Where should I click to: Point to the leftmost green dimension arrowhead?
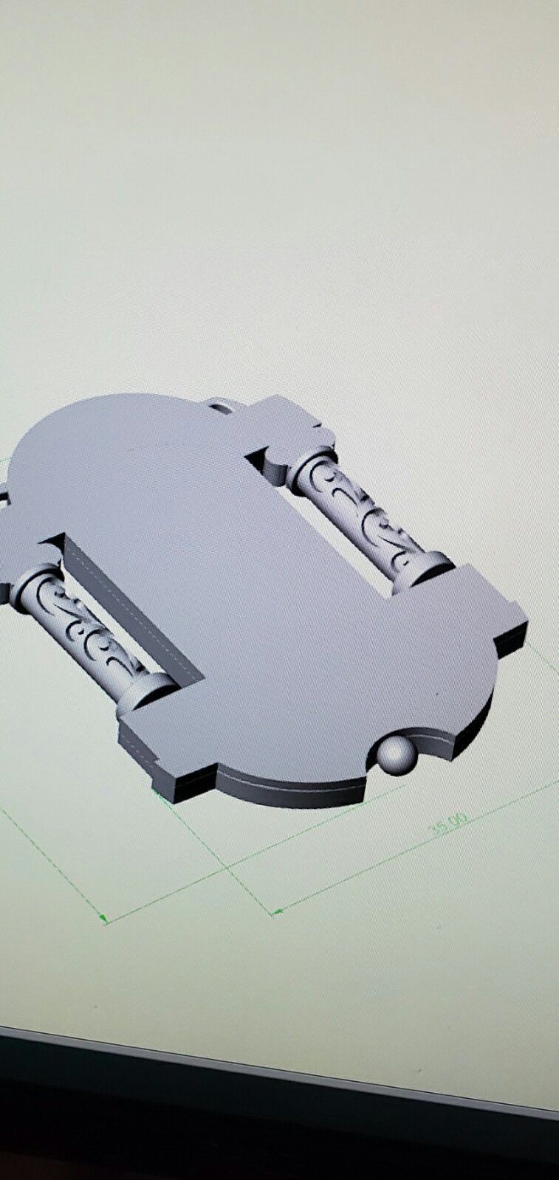(x=105, y=919)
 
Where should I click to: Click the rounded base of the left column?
(x=148, y=691)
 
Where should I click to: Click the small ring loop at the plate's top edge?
(x=219, y=405)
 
